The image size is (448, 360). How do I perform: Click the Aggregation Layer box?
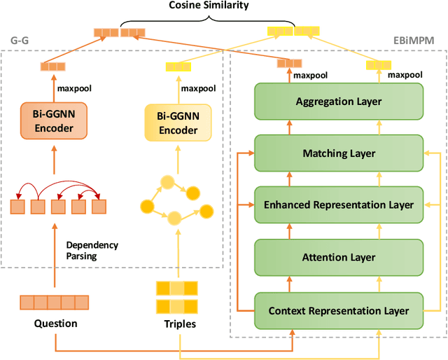(x=339, y=102)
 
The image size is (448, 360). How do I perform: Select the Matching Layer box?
(x=339, y=153)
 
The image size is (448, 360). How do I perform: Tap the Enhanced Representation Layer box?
(x=339, y=205)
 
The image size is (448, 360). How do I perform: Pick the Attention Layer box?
(x=339, y=257)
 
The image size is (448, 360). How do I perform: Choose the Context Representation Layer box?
(x=339, y=310)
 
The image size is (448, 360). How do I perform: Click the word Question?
(x=55, y=324)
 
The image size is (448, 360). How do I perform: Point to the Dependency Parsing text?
(x=92, y=251)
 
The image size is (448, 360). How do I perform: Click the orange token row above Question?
(x=55, y=303)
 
